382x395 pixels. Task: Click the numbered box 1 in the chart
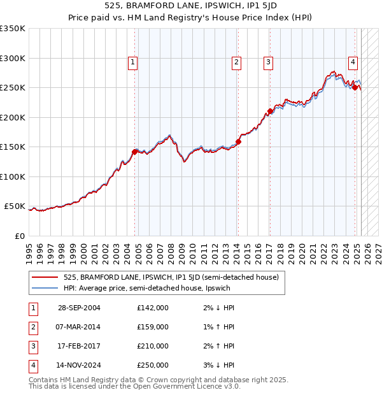coord(132,62)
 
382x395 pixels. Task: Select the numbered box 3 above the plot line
coord(269,62)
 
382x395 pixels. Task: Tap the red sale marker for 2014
coord(238,142)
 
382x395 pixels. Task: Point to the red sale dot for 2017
coord(270,111)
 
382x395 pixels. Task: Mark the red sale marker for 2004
coord(134,152)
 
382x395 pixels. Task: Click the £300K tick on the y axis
coord(13,58)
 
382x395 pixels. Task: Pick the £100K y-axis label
coord(13,176)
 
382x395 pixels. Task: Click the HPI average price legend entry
coord(146,288)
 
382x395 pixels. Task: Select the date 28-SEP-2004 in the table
coord(79,308)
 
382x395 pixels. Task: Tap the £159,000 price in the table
coord(153,327)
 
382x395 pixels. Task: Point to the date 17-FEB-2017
coord(79,347)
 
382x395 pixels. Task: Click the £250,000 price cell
coord(153,366)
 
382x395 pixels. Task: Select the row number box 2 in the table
coord(32,327)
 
